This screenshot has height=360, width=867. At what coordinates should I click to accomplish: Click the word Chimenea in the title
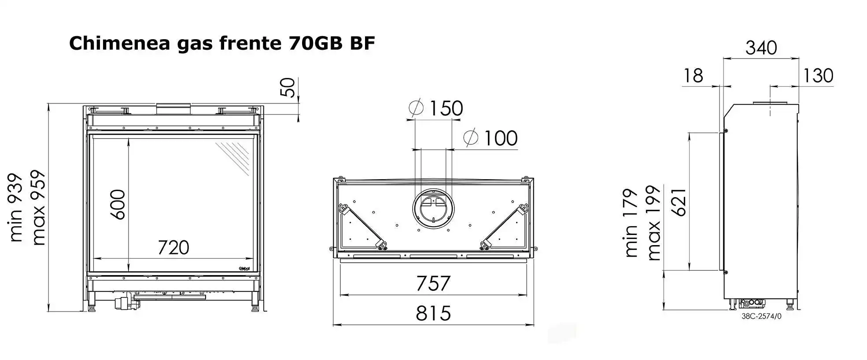pos(119,44)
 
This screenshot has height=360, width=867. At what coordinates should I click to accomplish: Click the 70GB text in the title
pos(316,43)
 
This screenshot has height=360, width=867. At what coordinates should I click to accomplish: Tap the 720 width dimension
pos(173,247)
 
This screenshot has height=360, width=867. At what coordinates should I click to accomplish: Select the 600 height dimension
pos(118,205)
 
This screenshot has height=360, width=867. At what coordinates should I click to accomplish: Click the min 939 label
pos(15,207)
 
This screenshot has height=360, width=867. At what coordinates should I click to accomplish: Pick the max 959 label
pos(38,207)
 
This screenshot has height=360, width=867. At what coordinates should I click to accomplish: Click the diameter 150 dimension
pos(436,108)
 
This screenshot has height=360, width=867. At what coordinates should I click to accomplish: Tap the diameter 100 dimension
pos(491,138)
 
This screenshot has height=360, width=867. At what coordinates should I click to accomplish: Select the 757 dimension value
pos(433,283)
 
